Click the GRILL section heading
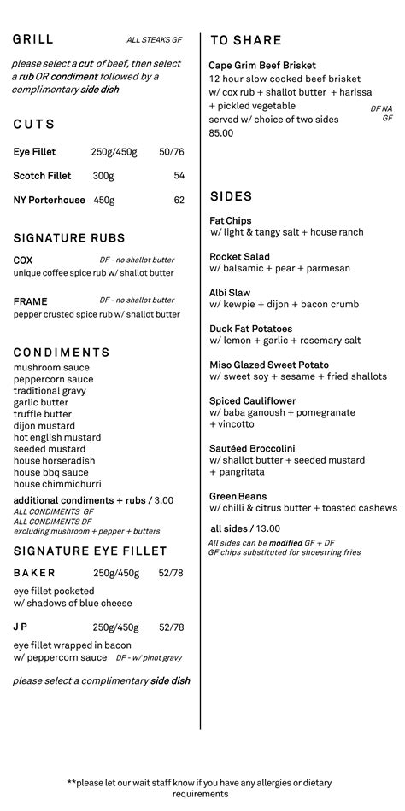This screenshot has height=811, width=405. [33, 39]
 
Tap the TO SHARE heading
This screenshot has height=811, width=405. [245, 40]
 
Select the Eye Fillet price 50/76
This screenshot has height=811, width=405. [171, 152]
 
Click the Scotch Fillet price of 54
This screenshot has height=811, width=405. [179, 176]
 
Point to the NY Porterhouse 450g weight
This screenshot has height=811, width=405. [103, 201]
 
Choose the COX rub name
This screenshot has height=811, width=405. [23, 260]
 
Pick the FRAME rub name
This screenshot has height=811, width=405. [31, 301]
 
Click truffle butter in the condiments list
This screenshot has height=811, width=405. [43, 414]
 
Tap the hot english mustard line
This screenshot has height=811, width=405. [57, 437]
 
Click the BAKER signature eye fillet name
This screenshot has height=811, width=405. [34, 573]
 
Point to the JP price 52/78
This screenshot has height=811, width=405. [171, 627]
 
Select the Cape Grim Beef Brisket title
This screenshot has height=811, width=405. [262, 66]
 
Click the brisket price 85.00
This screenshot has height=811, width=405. [220, 133]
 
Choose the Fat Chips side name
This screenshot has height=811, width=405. [231, 220]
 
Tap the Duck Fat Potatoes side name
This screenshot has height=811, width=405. [250, 329]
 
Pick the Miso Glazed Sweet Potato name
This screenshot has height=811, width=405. [269, 365]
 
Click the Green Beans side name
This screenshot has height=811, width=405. [238, 496]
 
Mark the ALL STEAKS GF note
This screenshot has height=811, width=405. [154, 40]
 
